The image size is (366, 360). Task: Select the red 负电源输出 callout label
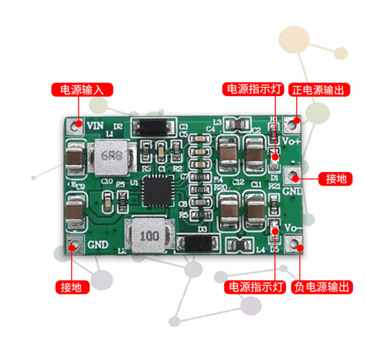click(x=323, y=287)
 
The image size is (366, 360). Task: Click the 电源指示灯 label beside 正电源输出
click(x=254, y=89)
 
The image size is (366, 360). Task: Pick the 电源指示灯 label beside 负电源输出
click(x=255, y=287)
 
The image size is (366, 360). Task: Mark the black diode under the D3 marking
click(x=197, y=243)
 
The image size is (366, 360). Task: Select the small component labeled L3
click(x=239, y=123)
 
